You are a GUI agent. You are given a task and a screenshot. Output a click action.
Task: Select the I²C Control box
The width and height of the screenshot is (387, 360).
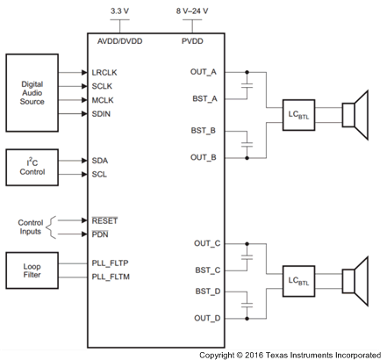pos(32,167)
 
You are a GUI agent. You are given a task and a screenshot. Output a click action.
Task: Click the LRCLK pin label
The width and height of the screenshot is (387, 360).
pos(105,72)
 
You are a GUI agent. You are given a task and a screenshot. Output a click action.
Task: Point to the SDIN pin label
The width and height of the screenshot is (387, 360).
pos(103,114)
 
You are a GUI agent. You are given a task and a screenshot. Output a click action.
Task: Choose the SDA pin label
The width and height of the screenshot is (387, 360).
pos(100,161)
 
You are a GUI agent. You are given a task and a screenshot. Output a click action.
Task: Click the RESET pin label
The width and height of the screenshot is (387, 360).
pos(105,220)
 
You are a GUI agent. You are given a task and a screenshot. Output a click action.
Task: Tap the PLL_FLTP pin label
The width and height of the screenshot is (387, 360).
pos(111,263)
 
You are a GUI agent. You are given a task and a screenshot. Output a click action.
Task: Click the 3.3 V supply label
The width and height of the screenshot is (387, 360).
pos(120,11)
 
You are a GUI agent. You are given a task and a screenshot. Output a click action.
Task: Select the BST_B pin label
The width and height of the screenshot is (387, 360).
pos(204,130)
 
